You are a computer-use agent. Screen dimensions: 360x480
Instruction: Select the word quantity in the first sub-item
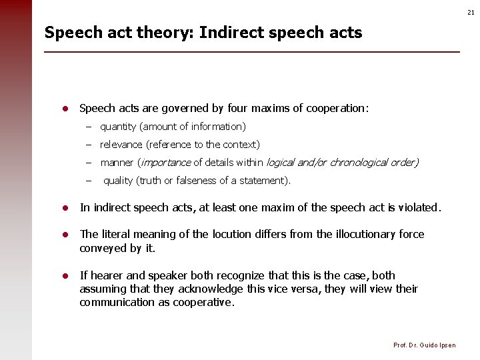(117, 127)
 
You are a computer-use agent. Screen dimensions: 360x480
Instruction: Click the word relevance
(121, 145)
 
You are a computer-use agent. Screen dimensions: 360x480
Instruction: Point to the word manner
(117, 163)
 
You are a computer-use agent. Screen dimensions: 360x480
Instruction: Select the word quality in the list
(118, 181)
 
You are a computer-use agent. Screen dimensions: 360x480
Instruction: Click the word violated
(419, 208)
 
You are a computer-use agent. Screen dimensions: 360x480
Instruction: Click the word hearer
(106, 275)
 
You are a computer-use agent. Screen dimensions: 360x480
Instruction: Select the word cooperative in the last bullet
(205, 303)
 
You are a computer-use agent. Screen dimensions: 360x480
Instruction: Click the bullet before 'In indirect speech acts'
(66, 208)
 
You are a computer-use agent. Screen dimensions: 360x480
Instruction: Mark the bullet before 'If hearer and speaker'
(66, 275)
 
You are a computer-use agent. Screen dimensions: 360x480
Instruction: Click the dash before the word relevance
(88, 145)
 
